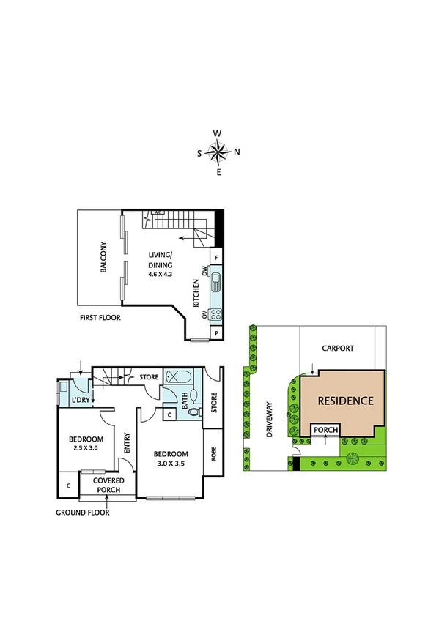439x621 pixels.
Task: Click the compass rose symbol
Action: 218,152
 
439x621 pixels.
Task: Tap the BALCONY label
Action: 104,257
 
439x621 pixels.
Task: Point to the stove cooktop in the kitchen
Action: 216,315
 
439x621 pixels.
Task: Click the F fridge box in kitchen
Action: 216,257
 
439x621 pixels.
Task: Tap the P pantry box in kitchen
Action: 216,333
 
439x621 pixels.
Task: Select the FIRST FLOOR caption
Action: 100,319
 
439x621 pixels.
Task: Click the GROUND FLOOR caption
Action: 82,513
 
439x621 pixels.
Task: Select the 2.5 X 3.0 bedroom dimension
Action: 84,447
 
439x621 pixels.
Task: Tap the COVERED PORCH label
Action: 108,484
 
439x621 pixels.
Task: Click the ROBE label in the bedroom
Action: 213,453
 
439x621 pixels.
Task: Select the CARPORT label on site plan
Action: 338,349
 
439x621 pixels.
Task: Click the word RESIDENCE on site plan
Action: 346,401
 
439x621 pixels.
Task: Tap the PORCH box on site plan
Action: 325,431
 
